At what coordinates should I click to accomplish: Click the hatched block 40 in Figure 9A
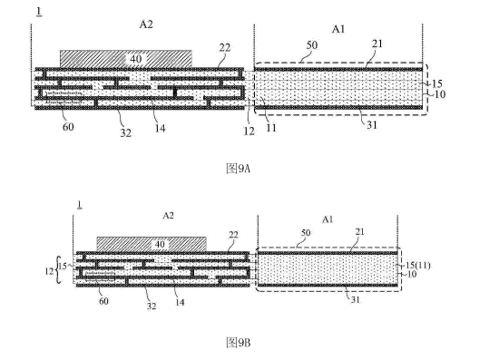(126, 59)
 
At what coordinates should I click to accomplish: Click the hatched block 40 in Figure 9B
(152, 244)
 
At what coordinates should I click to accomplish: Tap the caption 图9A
(238, 169)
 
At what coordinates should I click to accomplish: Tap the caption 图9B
(238, 343)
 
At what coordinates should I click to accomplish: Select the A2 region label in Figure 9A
(146, 24)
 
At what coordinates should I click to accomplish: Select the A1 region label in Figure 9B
(328, 219)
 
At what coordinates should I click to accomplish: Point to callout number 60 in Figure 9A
(68, 127)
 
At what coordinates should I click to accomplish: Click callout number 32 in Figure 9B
(152, 306)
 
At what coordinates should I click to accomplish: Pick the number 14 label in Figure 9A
(160, 128)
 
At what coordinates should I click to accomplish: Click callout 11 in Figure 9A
(271, 128)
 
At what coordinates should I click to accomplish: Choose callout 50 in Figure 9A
(312, 44)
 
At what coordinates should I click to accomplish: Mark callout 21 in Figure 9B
(359, 231)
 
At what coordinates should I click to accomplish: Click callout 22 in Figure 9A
(225, 47)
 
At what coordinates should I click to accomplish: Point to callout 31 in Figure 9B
(355, 299)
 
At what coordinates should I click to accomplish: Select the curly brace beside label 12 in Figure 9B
(57, 270)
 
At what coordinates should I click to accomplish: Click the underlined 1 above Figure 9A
(39, 12)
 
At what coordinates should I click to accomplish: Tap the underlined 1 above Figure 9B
(80, 205)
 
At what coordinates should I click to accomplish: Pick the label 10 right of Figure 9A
(439, 94)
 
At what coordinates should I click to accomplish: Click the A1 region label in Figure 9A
(338, 29)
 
